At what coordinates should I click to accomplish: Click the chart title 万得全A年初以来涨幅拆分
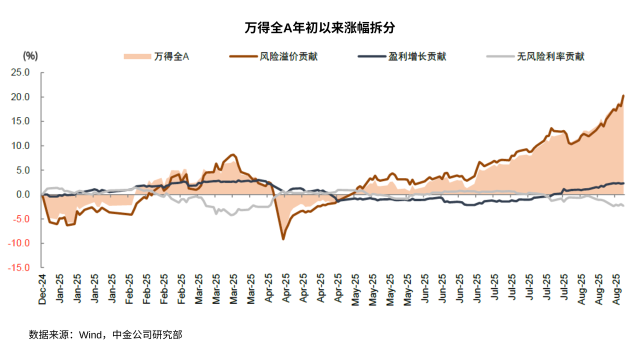[x=320, y=28]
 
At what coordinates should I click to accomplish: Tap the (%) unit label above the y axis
[x=30, y=55]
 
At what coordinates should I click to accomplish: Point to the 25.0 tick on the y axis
[x=20, y=72]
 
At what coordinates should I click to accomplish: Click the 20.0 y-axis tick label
[x=20, y=97]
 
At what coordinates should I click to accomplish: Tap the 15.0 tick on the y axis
[x=20, y=121]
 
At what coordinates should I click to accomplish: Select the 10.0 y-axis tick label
[x=20, y=146]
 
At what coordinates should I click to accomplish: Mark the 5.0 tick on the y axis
[x=23, y=170]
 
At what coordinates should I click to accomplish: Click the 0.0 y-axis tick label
[x=23, y=194]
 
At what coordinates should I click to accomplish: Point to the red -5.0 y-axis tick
[x=21, y=219]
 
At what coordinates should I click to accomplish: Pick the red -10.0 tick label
[x=19, y=243]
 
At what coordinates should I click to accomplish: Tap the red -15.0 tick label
[x=19, y=268]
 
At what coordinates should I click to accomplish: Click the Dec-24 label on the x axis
[x=42, y=289]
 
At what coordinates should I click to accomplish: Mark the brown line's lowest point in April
[x=283, y=239]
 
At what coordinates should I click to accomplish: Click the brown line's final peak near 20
[x=623, y=95]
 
